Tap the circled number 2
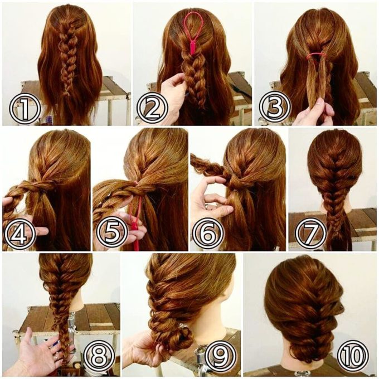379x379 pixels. [152, 108]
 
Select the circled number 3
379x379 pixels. [275, 108]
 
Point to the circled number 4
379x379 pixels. [20, 234]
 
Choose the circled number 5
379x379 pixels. [111, 234]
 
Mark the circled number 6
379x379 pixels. [208, 234]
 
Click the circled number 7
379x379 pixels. [311, 234]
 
